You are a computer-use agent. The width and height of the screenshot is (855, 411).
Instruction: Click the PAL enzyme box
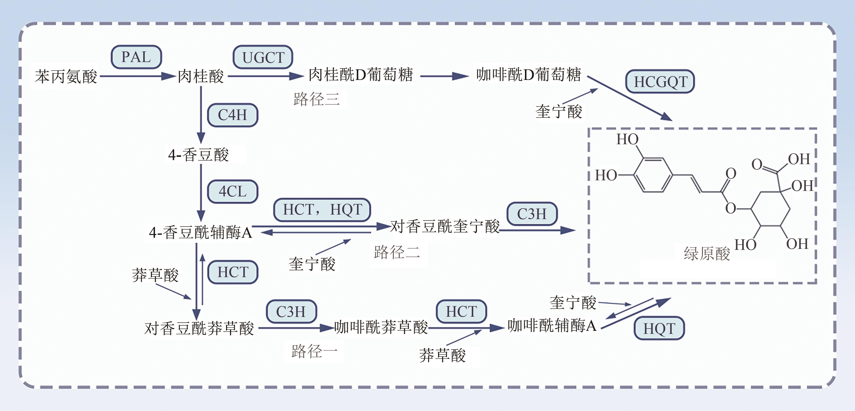[136, 57]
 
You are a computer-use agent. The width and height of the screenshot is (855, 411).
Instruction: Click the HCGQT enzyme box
[660, 82]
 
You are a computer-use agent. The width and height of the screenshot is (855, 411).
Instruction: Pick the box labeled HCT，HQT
[322, 210]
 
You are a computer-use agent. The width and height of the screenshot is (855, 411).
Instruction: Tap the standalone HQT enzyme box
[659, 329]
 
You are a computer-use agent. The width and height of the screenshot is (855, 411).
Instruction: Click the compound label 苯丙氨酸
[66, 77]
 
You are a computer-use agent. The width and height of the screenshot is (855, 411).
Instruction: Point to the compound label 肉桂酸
[200, 76]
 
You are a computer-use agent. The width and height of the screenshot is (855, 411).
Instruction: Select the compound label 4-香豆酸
[198, 155]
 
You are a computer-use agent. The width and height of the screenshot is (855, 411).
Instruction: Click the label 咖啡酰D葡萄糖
[528, 75]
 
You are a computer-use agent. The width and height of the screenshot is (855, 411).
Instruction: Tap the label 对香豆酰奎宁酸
[445, 227]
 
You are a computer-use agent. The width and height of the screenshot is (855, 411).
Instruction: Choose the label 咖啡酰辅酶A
[552, 326]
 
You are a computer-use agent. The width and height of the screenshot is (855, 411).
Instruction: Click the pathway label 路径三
[317, 99]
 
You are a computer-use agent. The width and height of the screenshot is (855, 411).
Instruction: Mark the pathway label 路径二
[397, 252]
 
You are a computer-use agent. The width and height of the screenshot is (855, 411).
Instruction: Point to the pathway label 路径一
[314, 351]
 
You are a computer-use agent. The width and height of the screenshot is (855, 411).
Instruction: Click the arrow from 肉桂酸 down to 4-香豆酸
[201, 114]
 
